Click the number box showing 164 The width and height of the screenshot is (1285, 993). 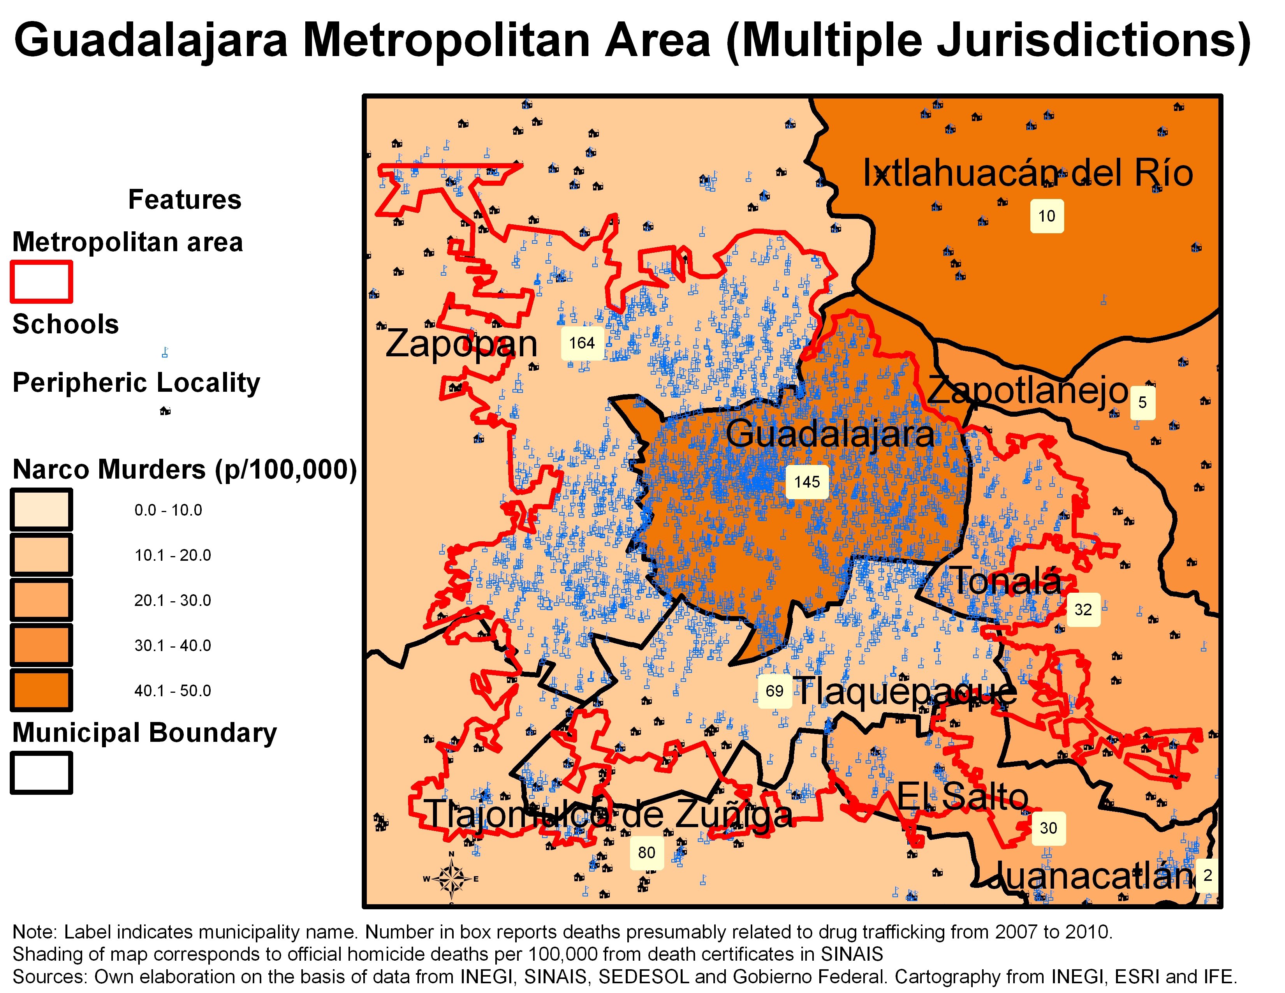(581, 343)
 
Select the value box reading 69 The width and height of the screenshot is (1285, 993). (774, 691)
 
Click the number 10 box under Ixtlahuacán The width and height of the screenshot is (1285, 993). (1046, 216)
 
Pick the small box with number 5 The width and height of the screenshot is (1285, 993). (1142, 402)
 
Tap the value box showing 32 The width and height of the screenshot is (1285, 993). (1083, 609)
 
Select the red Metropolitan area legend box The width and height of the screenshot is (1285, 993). (41, 282)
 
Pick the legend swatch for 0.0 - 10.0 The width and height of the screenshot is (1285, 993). (41, 509)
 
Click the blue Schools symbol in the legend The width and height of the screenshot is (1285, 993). (165, 352)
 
